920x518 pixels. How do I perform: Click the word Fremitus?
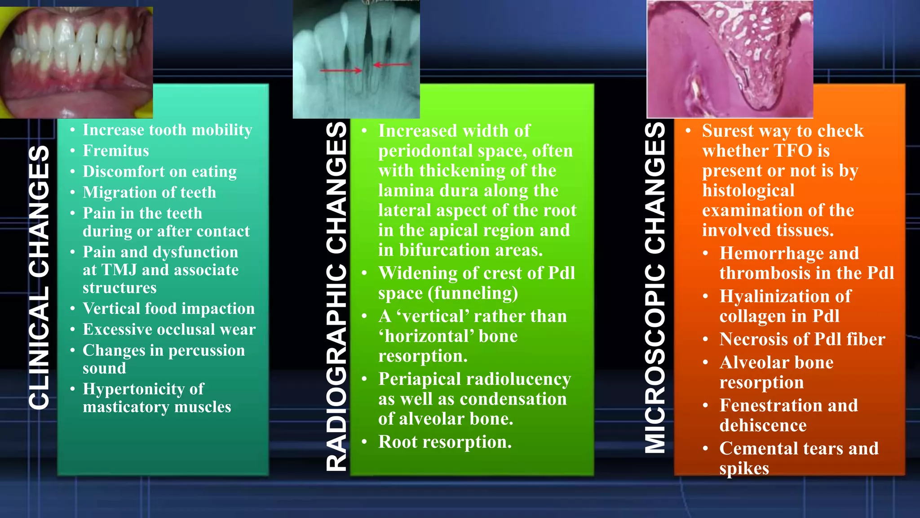(x=116, y=151)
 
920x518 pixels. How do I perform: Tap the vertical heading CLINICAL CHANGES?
(x=39, y=277)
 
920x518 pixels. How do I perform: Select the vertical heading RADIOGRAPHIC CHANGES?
(x=336, y=297)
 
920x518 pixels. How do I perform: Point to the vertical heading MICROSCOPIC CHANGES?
(x=655, y=288)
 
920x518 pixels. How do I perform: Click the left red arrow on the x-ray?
(x=341, y=71)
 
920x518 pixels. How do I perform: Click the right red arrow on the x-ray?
(x=392, y=65)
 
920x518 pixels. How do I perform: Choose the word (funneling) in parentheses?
(x=473, y=293)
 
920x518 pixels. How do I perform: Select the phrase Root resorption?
(x=445, y=442)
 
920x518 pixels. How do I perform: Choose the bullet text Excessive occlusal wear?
(x=169, y=330)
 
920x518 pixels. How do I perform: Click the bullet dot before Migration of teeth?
(x=73, y=192)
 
